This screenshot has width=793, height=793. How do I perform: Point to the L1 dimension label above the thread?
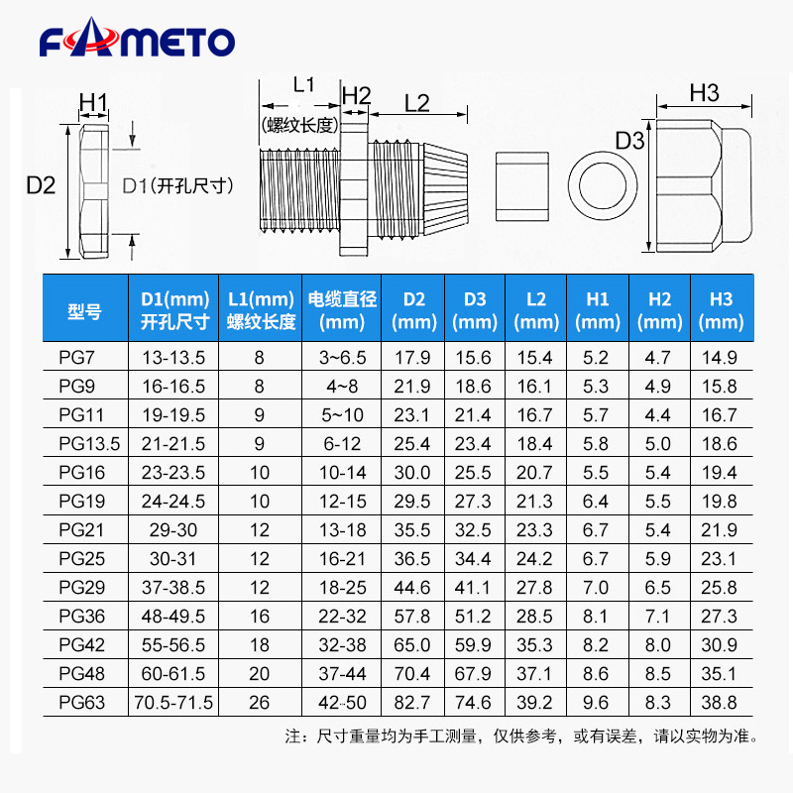(303, 85)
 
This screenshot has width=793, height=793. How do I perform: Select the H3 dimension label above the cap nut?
(703, 92)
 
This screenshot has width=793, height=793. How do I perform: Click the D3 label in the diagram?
(629, 141)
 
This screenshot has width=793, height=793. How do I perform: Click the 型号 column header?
(85, 310)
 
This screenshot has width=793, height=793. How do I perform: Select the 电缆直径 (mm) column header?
(343, 310)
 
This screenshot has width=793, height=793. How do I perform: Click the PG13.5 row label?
(88, 444)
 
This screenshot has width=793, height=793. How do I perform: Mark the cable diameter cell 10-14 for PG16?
(343, 473)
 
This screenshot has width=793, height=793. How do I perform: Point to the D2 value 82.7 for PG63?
(413, 703)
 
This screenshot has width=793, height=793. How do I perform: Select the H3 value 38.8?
(719, 703)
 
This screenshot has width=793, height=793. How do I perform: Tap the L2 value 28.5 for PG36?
(536, 617)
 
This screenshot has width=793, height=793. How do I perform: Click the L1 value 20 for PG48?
(260, 674)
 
